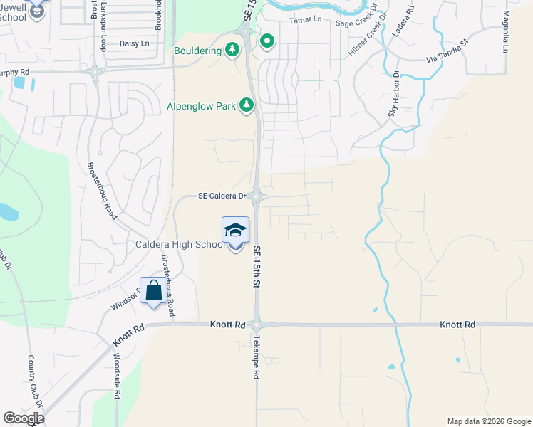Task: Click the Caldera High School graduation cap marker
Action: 236,230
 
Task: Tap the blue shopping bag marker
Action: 153,290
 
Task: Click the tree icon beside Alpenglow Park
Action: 247,106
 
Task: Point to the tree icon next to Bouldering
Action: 232,49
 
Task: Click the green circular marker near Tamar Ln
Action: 267,42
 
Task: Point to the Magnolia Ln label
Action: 506,32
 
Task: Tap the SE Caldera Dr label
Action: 222,196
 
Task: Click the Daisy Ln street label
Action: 135,44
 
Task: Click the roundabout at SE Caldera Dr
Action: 258,197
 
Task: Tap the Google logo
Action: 24,418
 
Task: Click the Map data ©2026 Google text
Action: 488,421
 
